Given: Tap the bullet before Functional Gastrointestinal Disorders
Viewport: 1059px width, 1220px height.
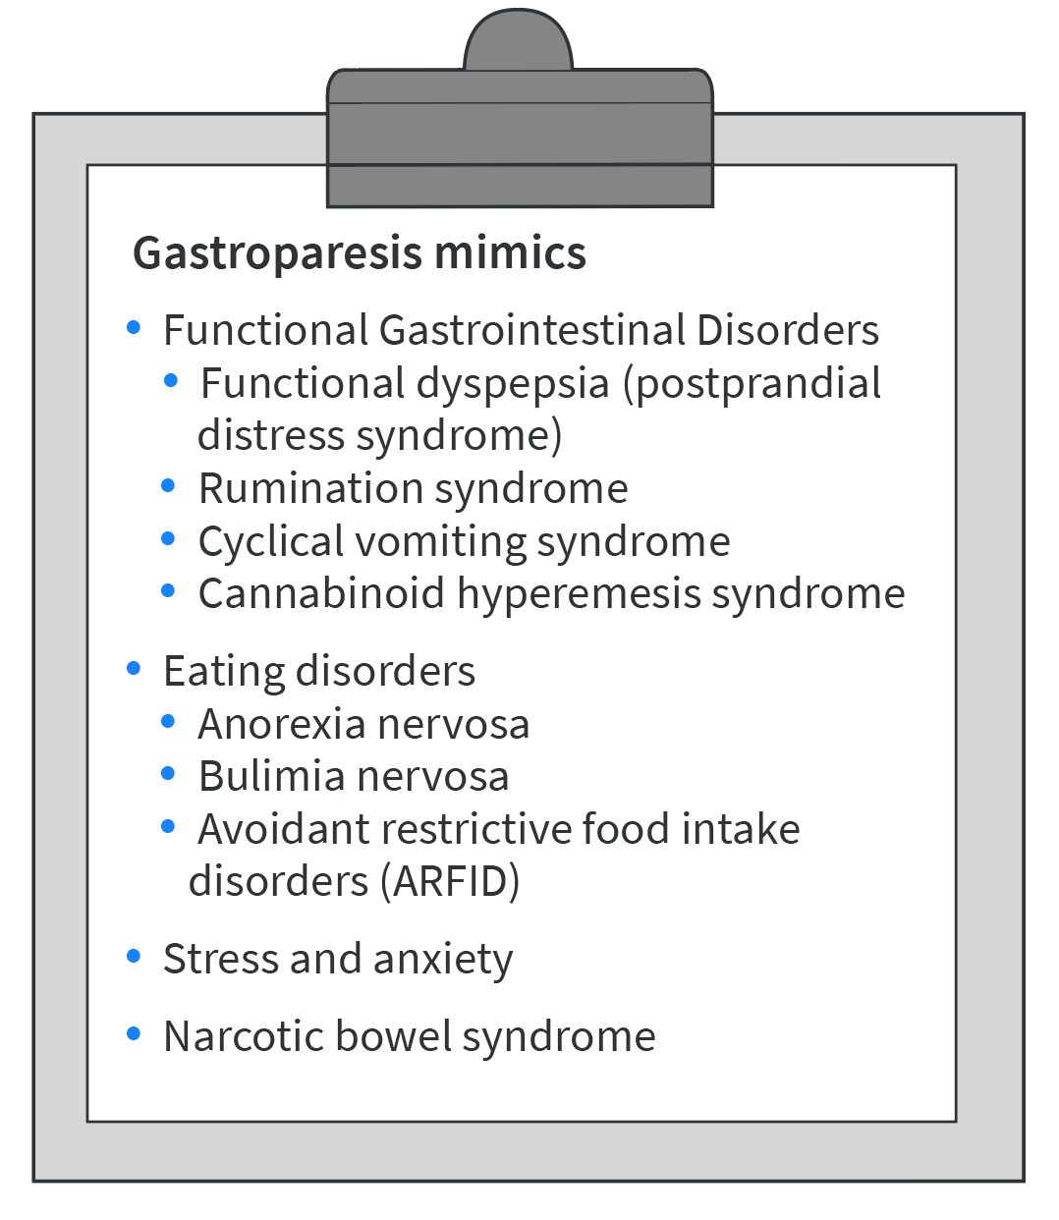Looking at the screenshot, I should pos(135,327).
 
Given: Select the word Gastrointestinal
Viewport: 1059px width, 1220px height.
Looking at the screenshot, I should pos(531,330).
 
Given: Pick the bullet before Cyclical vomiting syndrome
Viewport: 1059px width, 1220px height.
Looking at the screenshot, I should pos(169,538).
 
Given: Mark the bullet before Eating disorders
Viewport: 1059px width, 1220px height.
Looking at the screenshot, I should pos(135,669).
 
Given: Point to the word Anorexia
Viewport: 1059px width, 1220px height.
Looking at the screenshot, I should pos(281,724).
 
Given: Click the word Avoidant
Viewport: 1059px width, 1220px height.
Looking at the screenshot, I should pos(283,829).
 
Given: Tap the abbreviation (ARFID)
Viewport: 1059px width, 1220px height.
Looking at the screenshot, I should pos(449,881).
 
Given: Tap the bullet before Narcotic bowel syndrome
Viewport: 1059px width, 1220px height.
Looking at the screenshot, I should pos(135,1033).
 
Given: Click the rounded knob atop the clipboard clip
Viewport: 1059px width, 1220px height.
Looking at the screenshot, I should pos(518,41).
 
